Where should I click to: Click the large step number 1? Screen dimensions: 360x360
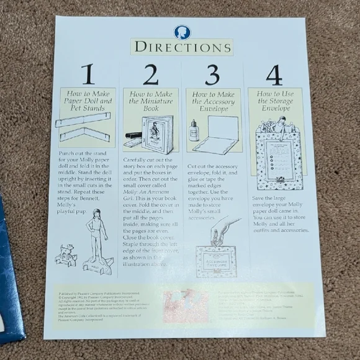(88, 75)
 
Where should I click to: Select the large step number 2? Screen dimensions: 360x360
(150, 75)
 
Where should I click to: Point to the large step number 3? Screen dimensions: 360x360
(213, 75)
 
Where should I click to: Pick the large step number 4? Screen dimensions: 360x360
(274, 75)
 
